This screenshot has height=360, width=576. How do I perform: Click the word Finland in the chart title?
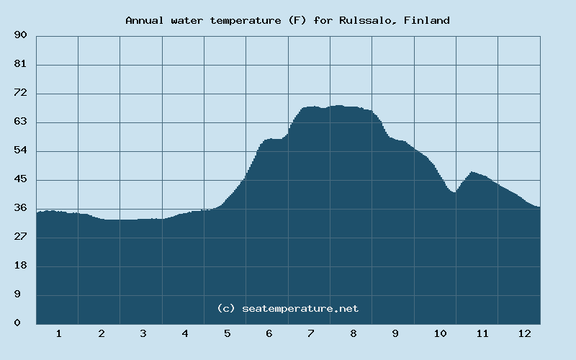click(x=427, y=20)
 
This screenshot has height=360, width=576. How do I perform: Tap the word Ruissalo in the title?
click(x=368, y=20)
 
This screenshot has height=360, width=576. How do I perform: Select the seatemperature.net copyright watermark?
click(x=287, y=308)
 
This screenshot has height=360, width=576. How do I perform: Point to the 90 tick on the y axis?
click(x=20, y=35)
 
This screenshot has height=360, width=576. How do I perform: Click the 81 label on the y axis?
click(x=20, y=65)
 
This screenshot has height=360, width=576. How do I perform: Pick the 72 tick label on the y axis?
click(x=20, y=94)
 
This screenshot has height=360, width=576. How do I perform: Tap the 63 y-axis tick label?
click(x=20, y=122)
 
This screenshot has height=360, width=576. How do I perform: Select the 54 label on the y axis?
click(x=20, y=150)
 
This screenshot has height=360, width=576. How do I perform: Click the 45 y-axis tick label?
click(x=20, y=179)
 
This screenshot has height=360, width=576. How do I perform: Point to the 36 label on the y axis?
click(x=20, y=208)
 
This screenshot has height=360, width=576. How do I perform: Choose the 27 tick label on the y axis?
click(x=20, y=237)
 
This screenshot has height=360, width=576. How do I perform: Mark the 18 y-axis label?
click(x=20, y=266)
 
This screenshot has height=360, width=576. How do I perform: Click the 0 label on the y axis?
click(x=17, y=323)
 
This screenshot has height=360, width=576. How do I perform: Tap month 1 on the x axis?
click(x=58, y=334)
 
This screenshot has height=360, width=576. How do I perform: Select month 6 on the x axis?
click(x=269, y=334)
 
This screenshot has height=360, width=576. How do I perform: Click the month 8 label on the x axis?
click(x=353, y=334)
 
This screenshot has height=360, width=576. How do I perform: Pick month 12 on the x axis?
click(x=524, y=334)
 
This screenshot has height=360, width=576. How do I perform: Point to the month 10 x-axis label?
click(x=440, y=334)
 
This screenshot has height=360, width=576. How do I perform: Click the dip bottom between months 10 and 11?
click(x=454, y=192)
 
